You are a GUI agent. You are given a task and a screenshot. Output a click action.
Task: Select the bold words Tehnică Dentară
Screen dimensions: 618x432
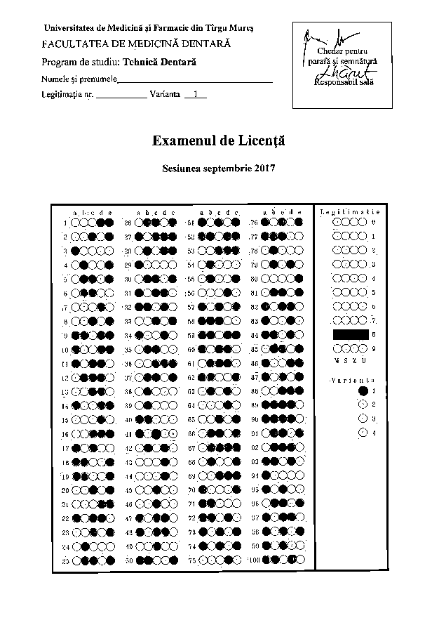[166, 62]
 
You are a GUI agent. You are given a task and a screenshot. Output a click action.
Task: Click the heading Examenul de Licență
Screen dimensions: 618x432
[218, 140]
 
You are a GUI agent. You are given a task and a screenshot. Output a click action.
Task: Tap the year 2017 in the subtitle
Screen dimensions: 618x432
[263, 169]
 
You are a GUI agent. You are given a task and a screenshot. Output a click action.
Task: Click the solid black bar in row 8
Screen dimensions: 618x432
[350, 334]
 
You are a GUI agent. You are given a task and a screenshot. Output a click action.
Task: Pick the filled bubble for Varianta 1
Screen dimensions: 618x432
[363, 390]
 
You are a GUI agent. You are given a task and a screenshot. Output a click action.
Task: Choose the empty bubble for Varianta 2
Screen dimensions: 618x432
[363, 404]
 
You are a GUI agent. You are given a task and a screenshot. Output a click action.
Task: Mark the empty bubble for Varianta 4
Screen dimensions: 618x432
[363, 432]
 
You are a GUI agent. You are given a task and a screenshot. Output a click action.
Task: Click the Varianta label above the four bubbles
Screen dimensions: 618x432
[347, 379]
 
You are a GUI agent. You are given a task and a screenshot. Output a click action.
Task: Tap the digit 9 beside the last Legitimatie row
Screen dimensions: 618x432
[374, 348]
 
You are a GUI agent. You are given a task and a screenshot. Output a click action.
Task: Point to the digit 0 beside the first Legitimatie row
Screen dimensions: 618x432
[374, 223]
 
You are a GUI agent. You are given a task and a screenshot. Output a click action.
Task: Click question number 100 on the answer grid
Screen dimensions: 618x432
[254, 560]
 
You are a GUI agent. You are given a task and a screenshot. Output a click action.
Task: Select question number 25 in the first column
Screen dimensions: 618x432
[65, 560]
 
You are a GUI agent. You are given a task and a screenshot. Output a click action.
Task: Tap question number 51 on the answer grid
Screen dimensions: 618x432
[191, 223]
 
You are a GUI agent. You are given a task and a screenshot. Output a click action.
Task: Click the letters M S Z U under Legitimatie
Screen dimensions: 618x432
[348, 360]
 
